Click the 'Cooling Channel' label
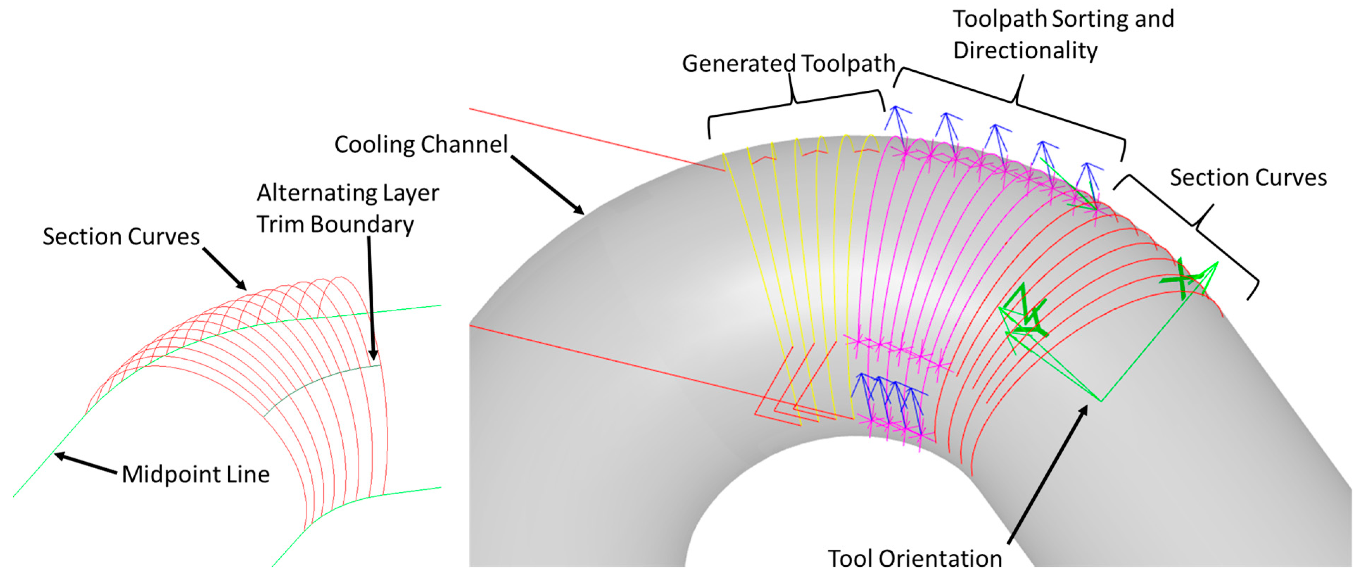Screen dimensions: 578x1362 pyautogui.click(x=421, y=144)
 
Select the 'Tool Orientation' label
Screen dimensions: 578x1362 pyautogui.click(x=914, y=558)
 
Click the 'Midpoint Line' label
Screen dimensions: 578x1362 pyautogui.click(x=196, y=474)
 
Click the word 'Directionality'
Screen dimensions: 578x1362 pyautogui.click(x=1025, y=51)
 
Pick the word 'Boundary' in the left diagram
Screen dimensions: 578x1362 pyautogui.click(x=362, y=225)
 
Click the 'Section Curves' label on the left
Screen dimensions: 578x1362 pyautogui.click(x=121, y=236)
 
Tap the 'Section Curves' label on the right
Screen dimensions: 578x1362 pyautogui.click(x=1248, y=178)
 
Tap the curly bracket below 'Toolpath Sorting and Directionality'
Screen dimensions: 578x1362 pyautogui.click(x=1015, y=101)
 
